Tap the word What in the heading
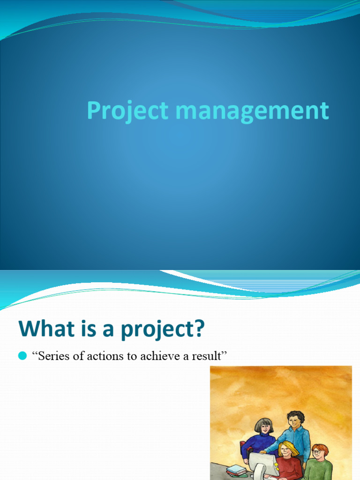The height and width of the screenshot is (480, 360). coord(40,329)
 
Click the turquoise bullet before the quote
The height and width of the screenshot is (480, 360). coord(22,357)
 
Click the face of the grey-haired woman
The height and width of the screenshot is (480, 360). coord(265,427)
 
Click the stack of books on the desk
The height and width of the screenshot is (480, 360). coord(237,470)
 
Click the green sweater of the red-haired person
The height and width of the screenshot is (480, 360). coord(319,470)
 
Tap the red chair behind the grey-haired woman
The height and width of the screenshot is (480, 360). coord(243,449)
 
